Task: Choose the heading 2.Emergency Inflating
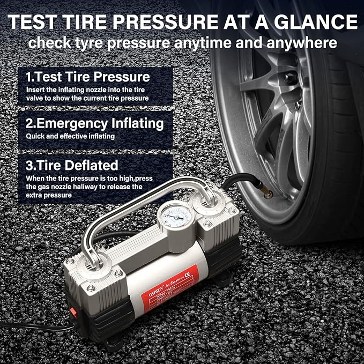(94, 123)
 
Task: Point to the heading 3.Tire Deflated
(72, 165)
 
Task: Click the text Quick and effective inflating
(70, 136)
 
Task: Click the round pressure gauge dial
(173, 218)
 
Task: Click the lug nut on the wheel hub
(290, 79)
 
